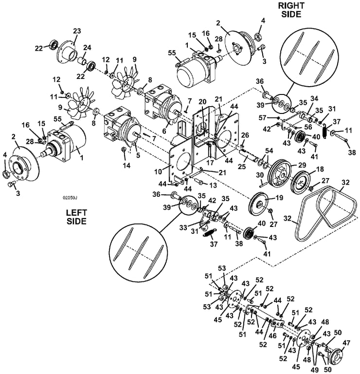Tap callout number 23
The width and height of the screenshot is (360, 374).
pyautogui.click(x=76, y=31)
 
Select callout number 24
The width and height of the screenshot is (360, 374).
pyautogui.click(x=88, y=48)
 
